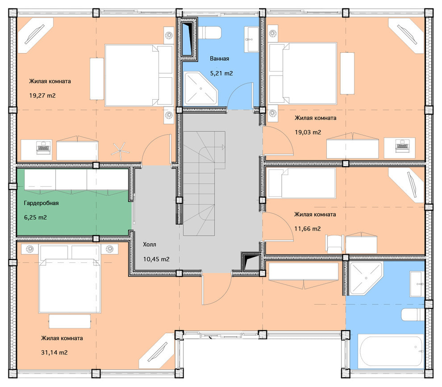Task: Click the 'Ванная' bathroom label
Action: coord(219,59)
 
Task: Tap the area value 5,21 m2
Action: coord(221,73)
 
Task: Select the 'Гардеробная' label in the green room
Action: coord(41,203)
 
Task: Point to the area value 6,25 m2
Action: coord(36,218)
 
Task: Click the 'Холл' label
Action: coord(150,244)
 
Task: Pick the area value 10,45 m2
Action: coord(156,259)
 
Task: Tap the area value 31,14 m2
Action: coord(54,353)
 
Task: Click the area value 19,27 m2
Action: coord(42,96)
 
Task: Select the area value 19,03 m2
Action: coord(308,132)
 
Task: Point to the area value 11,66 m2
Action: coord(308,229)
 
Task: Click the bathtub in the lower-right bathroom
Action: coord(391,351)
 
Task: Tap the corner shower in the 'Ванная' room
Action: coord(201,88)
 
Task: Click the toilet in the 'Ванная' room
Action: coord(209,33)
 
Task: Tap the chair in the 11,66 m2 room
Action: coord(334,244)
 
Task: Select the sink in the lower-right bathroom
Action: coord(417,284)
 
